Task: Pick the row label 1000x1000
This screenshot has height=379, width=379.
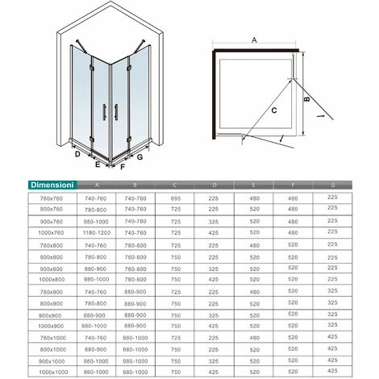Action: (x=41, y=371)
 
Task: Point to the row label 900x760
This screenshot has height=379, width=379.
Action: (x=41, y=219)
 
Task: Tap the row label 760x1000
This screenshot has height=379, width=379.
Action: (x=41, y=336)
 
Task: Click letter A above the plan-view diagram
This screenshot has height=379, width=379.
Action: (x=254, y=38)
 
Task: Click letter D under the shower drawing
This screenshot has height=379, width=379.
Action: (x=77, y=152)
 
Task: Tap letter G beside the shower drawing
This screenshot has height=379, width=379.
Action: (x=139, y=158)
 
